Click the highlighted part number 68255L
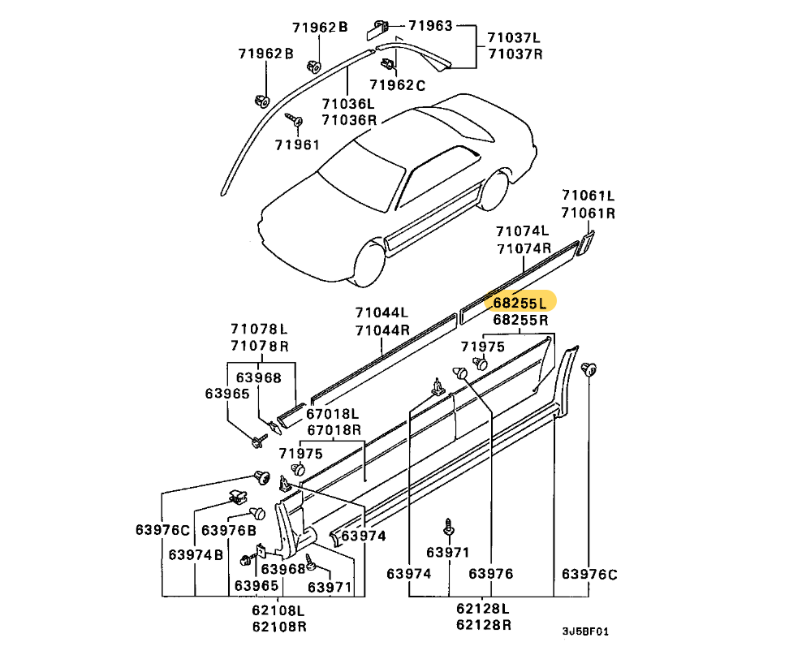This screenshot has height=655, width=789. coord(520,303)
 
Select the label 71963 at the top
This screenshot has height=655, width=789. coord(429,26)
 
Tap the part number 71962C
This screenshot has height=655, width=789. coord(397,84)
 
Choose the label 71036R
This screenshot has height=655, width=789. coord(348,120)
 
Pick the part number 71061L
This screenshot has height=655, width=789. coord(589,196)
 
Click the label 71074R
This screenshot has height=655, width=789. coord(524,248)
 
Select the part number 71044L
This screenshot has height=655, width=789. coord(381,312)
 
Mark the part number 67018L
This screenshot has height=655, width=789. coord(334,413)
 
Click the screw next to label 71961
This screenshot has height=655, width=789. coord(293,121)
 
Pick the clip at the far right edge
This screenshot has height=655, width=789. coord(590,370)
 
